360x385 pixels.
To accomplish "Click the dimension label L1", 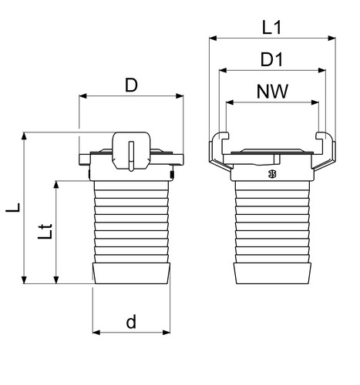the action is pos(271,28).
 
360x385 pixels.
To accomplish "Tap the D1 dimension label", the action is pos(271,59).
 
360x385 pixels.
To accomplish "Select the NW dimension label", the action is pos(272,92).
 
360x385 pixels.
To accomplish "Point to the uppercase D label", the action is pos(131,85).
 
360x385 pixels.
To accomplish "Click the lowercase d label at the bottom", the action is pos(131,321).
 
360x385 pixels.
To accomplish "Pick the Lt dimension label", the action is pos(45,232).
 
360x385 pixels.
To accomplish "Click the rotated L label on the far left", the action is pos(13,207).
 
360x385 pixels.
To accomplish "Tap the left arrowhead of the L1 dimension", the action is pos(214,38).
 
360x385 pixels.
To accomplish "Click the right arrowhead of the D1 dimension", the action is pos(322,70).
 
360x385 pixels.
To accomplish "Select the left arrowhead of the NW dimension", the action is pos(230,102).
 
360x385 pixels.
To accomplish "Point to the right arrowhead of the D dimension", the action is pos(180,96).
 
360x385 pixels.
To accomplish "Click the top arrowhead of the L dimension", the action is pos(24,136).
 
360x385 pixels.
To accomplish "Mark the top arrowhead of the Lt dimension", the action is pos(56,185).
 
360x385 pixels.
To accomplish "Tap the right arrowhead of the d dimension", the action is pos(167,333).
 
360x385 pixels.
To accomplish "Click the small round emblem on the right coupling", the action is pos(272,174).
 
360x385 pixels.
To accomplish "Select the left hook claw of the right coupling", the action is pos(219,152).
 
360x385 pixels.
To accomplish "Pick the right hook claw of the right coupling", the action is pos(325,152).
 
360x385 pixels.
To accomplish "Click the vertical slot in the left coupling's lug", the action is pos(131,156).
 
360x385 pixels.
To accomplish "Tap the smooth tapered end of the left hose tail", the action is pos(131,273).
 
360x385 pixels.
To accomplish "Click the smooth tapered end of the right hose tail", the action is pos(272,273).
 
